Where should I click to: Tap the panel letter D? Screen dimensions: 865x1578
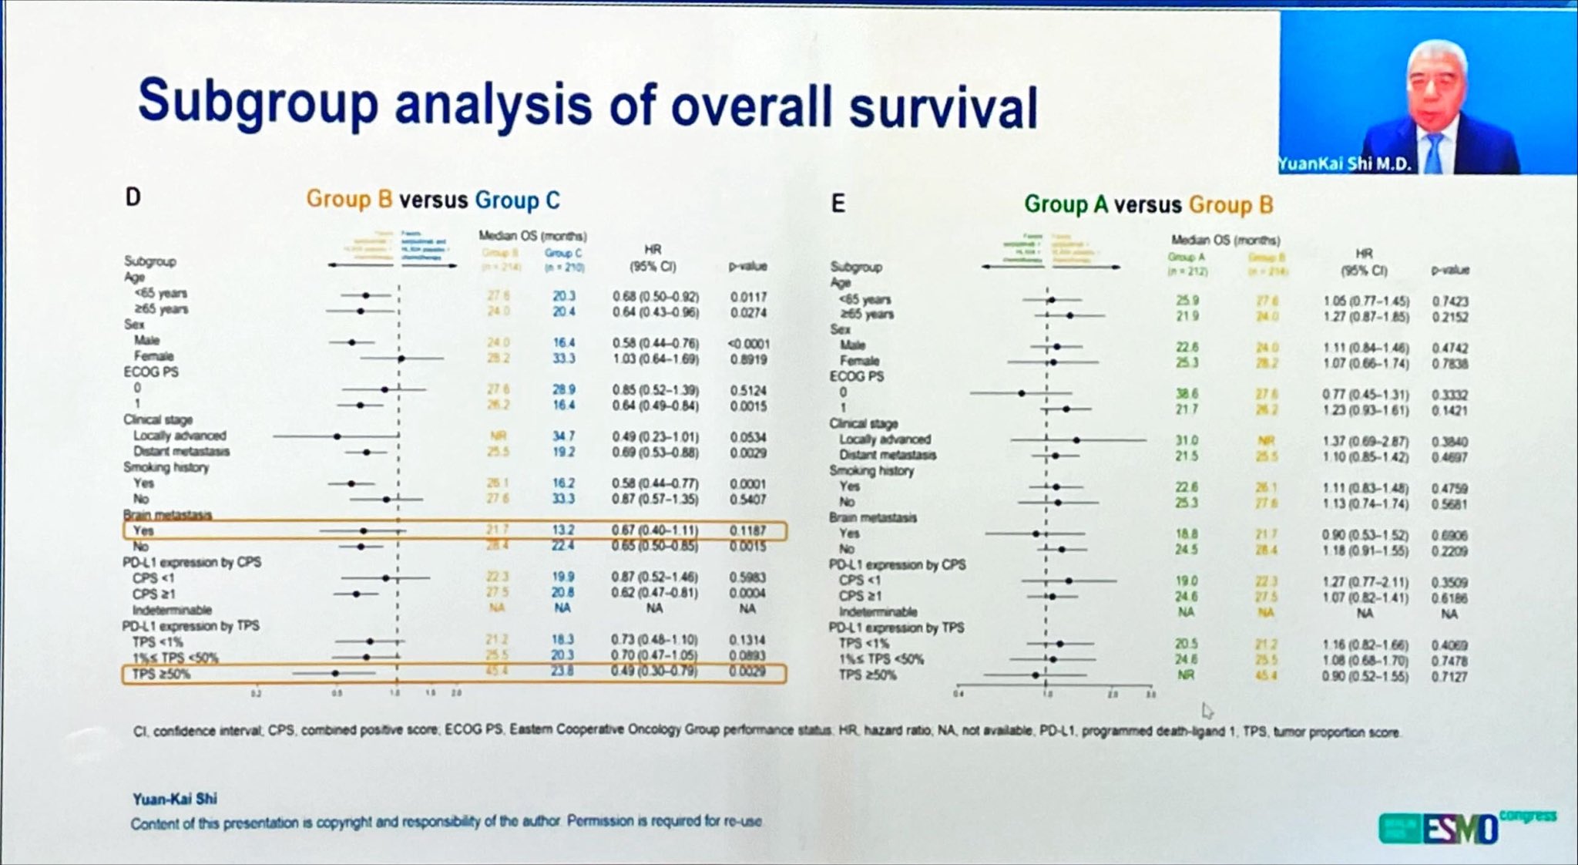pos(133,198)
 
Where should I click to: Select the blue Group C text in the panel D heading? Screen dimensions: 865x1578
pos(517,200)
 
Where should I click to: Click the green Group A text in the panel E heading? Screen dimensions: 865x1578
pos(1066,204)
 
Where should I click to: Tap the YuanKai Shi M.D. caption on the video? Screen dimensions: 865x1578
pos(1344,164)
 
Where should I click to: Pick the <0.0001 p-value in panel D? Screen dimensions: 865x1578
pos(748,344)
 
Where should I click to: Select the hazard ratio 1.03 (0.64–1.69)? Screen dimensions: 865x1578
pos(655,359)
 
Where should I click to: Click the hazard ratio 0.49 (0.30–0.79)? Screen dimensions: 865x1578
pos(655,671)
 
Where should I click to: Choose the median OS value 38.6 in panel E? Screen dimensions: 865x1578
pos(1187,393)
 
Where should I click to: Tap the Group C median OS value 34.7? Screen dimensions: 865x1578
pos(563,436)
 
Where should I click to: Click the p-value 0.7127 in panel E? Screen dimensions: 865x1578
pos(1449,677)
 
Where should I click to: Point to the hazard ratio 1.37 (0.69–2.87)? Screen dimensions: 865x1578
pos(1365,441)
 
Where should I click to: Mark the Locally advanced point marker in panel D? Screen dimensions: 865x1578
pos(337,436)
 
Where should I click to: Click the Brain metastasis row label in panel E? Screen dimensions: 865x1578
pos(872,517)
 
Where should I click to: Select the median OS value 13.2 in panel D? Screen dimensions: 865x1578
pos(563,530)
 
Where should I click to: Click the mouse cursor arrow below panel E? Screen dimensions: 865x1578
pos(1207,710)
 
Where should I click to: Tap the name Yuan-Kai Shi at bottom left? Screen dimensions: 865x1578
pos(174,799)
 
